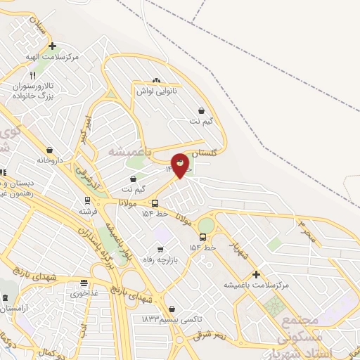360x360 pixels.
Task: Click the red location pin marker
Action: click(x=180, y=165)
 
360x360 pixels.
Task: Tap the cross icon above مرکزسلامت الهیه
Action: click(x=52, y=46)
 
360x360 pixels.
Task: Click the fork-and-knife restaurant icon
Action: click(x=32, y=75)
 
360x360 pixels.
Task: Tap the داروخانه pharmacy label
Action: click(x=50, y=160)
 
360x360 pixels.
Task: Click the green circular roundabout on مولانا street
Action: click(x=205, y=226)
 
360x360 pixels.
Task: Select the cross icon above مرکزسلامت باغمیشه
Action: click(x=256, y=274)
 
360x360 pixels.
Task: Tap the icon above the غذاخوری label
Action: click(x=84, y=283)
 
